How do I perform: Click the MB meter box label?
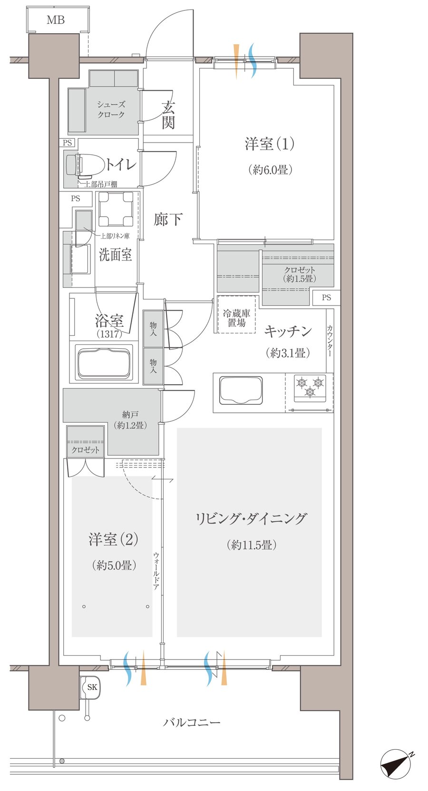56,20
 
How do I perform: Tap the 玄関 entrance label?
168,115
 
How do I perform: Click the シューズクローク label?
111,109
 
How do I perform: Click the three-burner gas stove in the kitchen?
310,385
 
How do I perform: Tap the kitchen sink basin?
241,390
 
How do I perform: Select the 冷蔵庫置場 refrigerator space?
237,315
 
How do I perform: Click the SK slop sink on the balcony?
91,687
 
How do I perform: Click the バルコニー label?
192,723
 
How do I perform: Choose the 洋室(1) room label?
270,143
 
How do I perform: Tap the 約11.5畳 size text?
252,544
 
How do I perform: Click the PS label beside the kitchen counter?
326,298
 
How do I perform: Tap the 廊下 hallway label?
168,219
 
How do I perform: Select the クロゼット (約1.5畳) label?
300,275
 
